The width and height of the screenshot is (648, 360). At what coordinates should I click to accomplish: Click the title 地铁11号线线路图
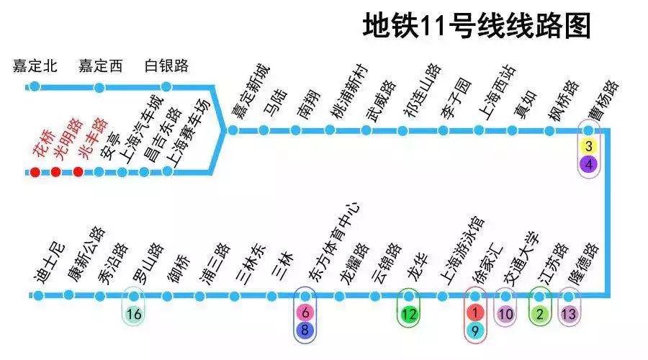pos(477,27)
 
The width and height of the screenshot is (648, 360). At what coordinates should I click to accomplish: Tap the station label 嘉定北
pos(35,66)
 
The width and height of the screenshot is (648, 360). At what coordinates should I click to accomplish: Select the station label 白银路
pos(166,66)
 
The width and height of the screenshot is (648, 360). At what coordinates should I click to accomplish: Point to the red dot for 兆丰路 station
pos(78,172)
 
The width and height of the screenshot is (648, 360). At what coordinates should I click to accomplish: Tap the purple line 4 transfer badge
pos(589,164)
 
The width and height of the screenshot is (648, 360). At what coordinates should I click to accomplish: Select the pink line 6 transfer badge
pos(305,313)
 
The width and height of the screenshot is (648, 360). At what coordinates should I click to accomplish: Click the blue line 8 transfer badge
pos(305,330)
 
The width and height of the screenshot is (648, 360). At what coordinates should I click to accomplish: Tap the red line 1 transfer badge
pos(476,313)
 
